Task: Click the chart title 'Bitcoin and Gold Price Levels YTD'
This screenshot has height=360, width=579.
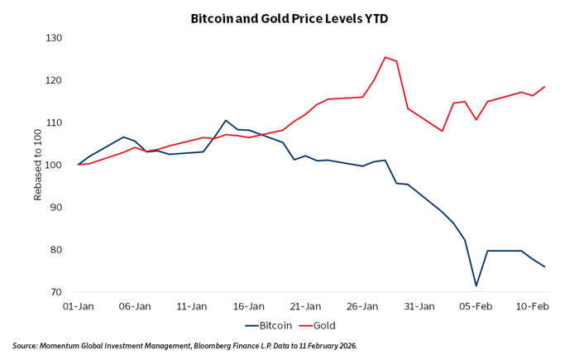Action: pos(289,17)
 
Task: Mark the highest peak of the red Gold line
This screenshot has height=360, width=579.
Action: pos(385,57)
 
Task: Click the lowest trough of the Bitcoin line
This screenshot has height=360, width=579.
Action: pos(476,286)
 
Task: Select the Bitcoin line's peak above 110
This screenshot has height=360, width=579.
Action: pos(226,121)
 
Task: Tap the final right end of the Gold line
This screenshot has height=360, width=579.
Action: pos(545,87)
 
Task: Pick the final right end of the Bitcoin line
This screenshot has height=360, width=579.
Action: pos(545,266)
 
